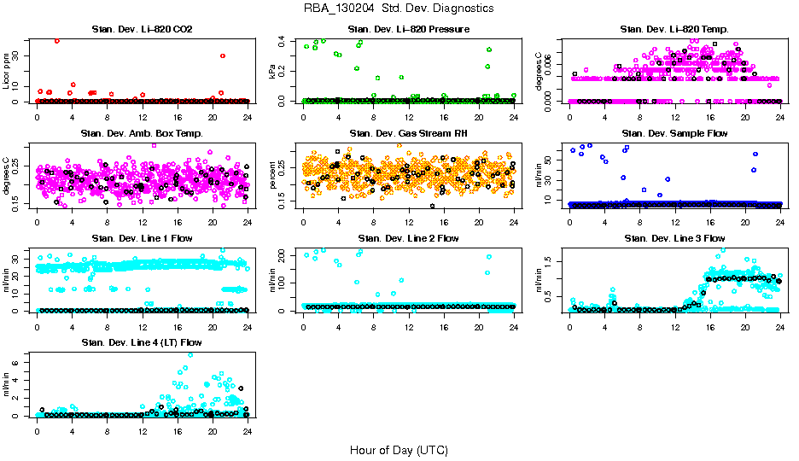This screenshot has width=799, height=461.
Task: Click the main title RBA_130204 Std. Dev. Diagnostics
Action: (399, 8)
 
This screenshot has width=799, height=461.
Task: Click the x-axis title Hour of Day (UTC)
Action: (399, 449)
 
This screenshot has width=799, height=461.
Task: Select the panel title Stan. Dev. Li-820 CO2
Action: (142, 30)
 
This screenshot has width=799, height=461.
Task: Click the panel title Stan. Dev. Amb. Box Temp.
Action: (142, 134)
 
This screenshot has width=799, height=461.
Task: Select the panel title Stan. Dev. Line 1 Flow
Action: (142, 238)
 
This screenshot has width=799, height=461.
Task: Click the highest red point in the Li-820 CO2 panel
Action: (57, 40)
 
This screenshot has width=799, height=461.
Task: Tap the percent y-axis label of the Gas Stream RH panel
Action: (273, 175)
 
